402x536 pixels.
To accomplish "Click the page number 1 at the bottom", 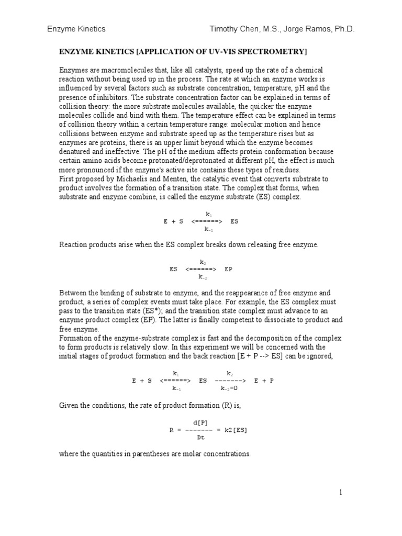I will tap(340, 492).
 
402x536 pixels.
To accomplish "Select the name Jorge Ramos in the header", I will tap(311, 29).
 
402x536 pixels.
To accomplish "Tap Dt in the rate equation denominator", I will tap(200, 438).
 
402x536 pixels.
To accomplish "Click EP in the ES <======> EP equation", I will tap(228, 269).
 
